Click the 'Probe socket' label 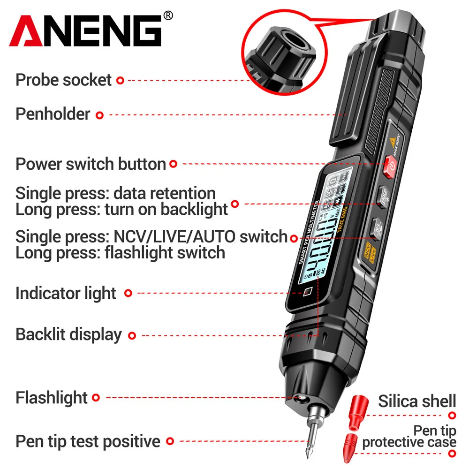tap(64, 80)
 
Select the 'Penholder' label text tap(53, 114)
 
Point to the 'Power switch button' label tap(91, 164)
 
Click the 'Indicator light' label tap(66, 293)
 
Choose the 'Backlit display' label tap(68, 334)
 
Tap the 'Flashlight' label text tap(52, 398)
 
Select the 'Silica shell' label tap(416, 401)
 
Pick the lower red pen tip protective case tap(353, 446)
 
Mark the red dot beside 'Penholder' tap(99, 114)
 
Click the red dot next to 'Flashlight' tap(96, 398)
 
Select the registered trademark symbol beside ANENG tap(167, 16)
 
